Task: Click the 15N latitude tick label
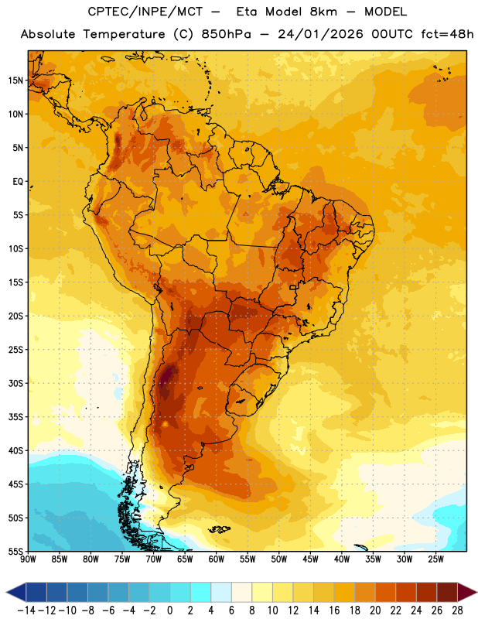tap(15, 80)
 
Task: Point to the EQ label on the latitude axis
tap(18, 182)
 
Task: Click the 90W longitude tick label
tap(28, 559)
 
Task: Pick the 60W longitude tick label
tap(217, 559)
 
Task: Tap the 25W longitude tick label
tap(436, 559)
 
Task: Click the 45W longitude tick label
tap(311, 559)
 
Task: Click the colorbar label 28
tap(457, 610)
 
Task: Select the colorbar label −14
tap(27, 610)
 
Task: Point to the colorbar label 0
tap(169, 610)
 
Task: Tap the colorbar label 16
tap(334, 610)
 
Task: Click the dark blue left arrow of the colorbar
tap(16, 592)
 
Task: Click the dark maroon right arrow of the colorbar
tap(468, 592)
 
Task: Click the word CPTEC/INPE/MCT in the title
tap(145, 12)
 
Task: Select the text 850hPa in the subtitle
tap(226, 34)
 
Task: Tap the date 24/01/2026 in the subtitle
tap(320, 34)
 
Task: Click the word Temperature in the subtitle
tap(125, 34)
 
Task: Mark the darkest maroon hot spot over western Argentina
tap(169, 374)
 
